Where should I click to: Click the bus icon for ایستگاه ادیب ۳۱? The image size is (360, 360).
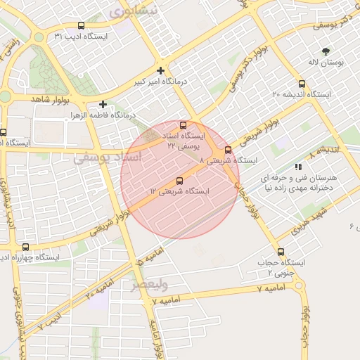[81, 26]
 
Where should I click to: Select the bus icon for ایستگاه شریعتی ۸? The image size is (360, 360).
[228, 150]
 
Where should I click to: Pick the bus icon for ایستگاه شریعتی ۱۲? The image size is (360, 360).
[179, 181]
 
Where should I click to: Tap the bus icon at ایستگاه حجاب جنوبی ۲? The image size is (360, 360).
[281, 252]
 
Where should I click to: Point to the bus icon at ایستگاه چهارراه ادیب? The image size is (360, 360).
[26, 247]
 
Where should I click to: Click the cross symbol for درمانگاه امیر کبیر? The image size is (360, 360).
[161, 70]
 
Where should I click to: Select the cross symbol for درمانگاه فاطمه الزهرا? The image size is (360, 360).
[103, 104]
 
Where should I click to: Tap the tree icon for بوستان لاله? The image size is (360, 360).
[325, 51]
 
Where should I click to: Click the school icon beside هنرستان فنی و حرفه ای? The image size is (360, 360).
[299, 167]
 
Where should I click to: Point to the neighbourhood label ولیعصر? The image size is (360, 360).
[149, 284]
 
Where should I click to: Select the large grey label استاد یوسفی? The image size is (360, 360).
[108, 159]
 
